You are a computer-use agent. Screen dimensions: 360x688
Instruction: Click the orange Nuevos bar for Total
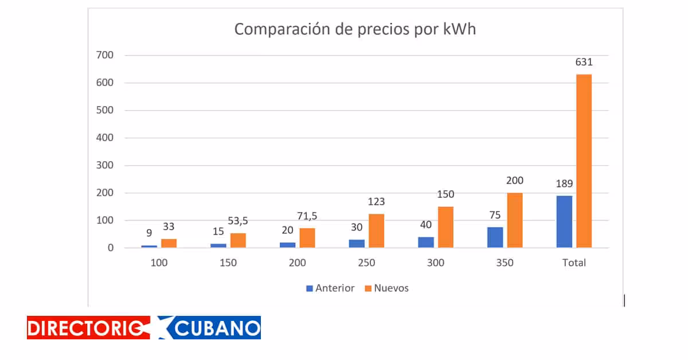pos(584,161)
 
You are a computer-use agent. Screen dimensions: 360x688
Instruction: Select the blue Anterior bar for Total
pos(564,222)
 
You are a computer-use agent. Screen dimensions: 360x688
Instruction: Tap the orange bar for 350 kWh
pos(514,220)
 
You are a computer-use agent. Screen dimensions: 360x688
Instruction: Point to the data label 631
pos(584,62)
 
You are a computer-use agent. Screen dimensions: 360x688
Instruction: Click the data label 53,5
pos(238,221)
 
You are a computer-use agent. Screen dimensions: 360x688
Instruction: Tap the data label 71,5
pos(307,216)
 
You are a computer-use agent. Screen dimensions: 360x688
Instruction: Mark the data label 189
pos(564,184)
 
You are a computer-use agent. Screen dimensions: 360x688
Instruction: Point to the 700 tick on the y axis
pos(106,55)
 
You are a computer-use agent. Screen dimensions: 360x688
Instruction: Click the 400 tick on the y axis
pos(106,138)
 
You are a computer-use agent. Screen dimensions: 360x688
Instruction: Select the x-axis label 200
pos(298,263)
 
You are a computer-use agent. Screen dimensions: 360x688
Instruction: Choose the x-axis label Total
pos(574,263)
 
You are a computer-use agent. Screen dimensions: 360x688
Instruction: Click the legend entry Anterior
pos(335,288)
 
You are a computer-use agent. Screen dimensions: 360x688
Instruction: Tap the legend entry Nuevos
pos(391,288)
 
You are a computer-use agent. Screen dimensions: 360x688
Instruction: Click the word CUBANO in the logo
pos(216,328)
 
